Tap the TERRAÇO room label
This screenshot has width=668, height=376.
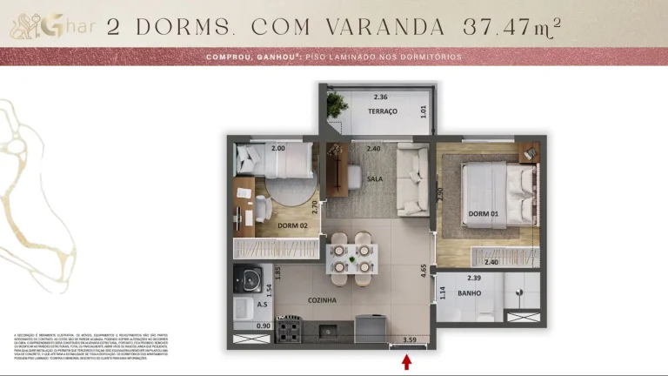pos(383,112)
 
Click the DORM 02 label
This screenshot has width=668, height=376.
pos(293,226)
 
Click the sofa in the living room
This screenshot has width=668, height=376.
pos(412,181)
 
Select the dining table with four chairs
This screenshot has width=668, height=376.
pos(352,258)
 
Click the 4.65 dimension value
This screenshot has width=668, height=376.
pos(424,270)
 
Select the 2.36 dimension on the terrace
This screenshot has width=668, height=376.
pos(380,97)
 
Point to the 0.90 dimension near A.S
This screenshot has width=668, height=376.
pos(240,326)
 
